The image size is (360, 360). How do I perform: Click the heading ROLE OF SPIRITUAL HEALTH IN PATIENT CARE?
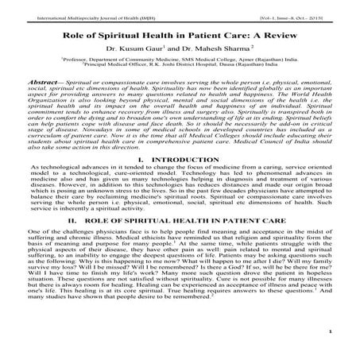tap(188, 238)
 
